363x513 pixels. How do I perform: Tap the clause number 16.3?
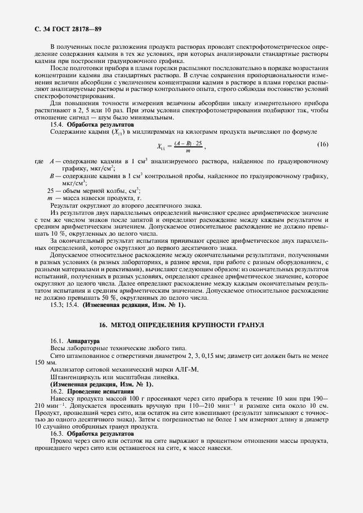[58, 434]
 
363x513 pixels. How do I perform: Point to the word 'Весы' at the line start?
[58, 349]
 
